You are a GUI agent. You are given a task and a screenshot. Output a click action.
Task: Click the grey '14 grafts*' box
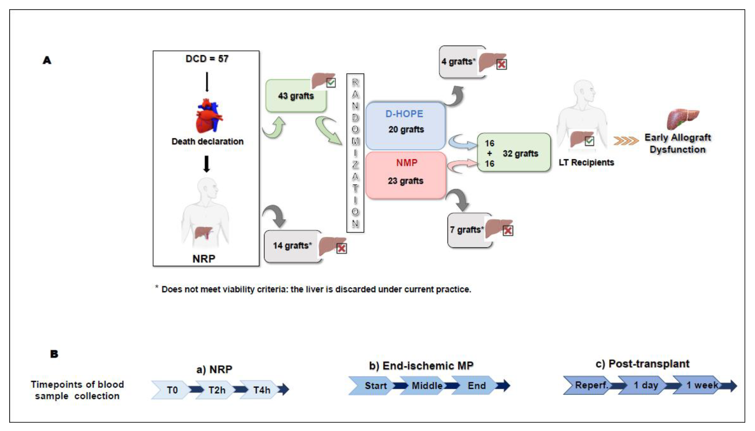point(292,246)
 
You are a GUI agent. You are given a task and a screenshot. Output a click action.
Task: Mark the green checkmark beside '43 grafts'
point(331,83)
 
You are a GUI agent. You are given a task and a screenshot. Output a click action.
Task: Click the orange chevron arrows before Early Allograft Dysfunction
point(625,141)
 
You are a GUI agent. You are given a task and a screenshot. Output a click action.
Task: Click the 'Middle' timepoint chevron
point(427,386)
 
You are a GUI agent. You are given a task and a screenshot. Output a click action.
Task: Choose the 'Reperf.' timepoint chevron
point(591,385)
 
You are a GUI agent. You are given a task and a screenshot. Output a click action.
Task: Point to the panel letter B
point(54,354)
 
